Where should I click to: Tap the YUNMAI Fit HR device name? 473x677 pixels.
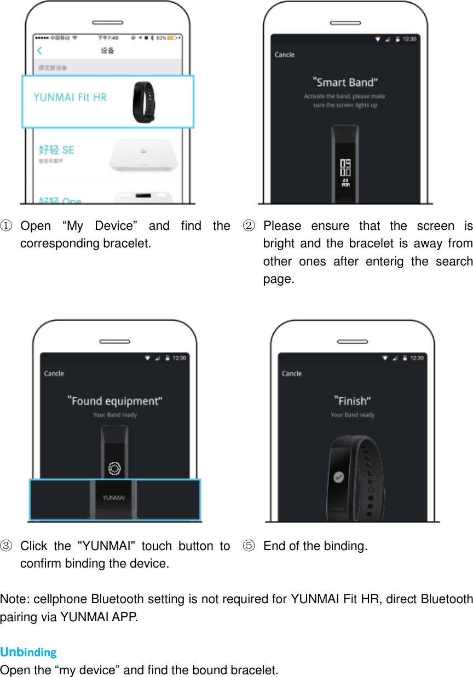tap(70, 97)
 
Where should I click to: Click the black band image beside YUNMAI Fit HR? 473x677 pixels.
tap(143, 101)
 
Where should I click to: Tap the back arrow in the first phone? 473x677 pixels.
tap(39, 51)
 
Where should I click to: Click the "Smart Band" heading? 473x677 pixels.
tap(345, 83)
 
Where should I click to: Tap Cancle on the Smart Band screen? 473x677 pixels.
tap(284, 55)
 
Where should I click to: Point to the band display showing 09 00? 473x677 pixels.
tap(345, 167)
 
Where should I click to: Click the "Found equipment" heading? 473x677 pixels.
tap(115, 401)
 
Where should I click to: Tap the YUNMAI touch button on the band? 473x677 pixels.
tap(114, 497)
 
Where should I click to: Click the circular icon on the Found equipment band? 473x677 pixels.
tap(114, 468)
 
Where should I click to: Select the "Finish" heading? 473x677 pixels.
tap(353, 401)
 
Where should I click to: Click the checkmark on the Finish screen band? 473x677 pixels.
tap(339, 477)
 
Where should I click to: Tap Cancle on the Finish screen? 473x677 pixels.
tap(291, 374)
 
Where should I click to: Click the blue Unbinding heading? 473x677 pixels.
tap(28, 652)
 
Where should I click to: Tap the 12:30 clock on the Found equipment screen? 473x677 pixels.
tap(180, 358)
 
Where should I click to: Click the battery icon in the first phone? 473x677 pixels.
tap(172, 38)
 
